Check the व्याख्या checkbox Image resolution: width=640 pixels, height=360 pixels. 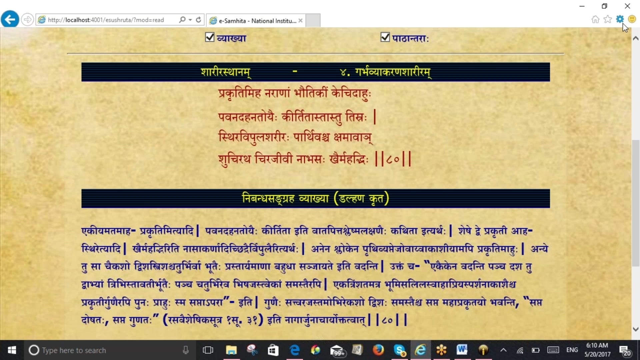pyautogui.click(x=210, y=37)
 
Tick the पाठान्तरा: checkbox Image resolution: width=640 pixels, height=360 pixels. pyautogui.click(x=385, y=37)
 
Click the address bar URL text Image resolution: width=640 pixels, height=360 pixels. pyautogui.click(x=106, y=20)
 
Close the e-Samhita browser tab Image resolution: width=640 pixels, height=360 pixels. pyautogui.click(x=300, y=21)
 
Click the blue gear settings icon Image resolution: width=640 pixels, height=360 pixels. pyautogui.click(x=620, y=19)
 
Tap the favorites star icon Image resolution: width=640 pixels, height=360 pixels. pyautogui.click(x=608, y=19)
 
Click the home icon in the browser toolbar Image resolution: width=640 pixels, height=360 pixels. pyautogui.click(x=595, y=19)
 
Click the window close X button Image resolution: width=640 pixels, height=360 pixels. pyautogui.click(x=627, y=6)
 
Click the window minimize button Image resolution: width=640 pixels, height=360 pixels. pyautogui.click(x=582, y=6)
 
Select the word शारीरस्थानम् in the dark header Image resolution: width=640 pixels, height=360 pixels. pyautogui.click(x=225, y=72)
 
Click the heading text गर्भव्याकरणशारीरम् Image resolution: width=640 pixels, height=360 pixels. pyautogui.click(x=393, y=72)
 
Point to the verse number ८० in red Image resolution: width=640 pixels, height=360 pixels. pyautogui.click(x=393, y=159)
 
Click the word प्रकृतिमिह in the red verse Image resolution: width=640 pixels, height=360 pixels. pyautogui.click(x=239, y=93)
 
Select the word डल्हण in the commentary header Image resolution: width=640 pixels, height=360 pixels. pyautogui.click(x=352, y=199)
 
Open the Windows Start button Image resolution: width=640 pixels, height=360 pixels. pyautogui.click(x=12, y=350)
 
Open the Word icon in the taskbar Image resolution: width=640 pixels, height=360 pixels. pyautogui.click(x=462, y=350)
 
